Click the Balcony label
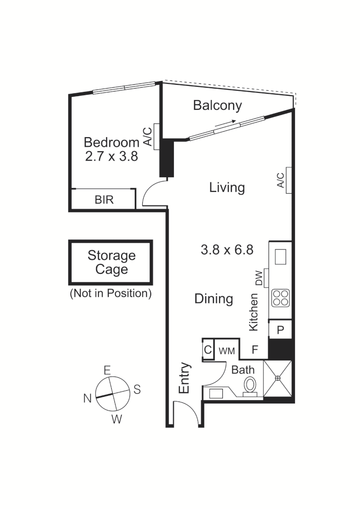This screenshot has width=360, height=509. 217,106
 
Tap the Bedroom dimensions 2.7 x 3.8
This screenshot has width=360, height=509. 111,156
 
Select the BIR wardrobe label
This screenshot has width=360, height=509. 104,200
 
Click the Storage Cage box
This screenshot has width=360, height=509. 111,262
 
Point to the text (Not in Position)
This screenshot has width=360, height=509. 111,293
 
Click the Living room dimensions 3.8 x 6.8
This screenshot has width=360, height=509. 227,250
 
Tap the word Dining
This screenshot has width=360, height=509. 213,299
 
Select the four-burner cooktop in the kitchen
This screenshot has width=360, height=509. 280,298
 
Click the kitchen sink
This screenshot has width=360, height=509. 280,257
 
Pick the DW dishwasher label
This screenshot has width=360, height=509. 259,278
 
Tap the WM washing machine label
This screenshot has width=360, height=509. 227,351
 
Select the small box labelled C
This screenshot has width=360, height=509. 208,351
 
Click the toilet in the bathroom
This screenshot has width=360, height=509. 250,385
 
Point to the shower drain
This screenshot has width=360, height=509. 278,378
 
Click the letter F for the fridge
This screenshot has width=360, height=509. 254,350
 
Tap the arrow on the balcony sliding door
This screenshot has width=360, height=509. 225,123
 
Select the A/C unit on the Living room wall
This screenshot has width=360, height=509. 288,180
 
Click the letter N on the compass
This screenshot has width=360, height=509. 87,399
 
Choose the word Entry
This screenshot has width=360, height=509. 184,378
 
